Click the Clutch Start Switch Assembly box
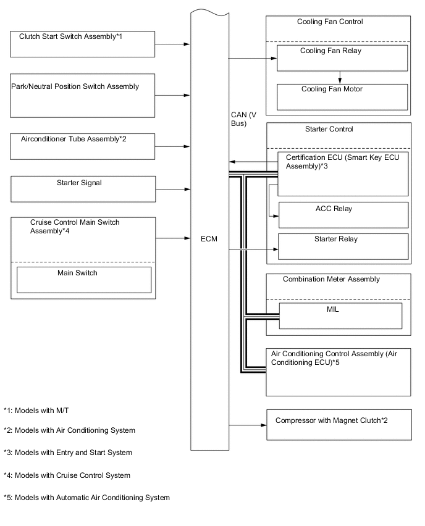tap(83, 44)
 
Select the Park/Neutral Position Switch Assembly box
tap(83, 95)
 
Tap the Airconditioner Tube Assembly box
tap(83, 146)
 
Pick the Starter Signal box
tap(83, 188)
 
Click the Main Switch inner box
tap(83, 279)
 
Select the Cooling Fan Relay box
tap(342, 57)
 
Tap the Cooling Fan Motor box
tap(342, 96)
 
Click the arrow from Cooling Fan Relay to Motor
tap(340, 77)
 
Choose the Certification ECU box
tap(343, 173)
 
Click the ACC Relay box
tap(343, 215)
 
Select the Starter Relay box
tap(343, 246)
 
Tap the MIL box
tap(340, 315)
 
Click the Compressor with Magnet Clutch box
tap(339, 425)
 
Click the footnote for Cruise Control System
tap(67, 475)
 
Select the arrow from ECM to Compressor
tap(247, 425)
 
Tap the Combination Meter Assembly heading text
tap(331, 279)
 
